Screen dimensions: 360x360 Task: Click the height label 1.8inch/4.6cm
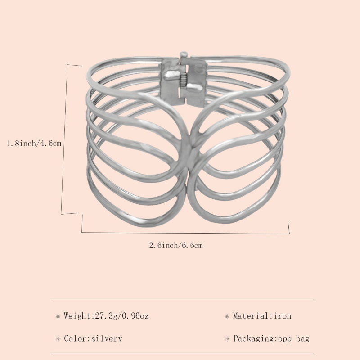point(34,143)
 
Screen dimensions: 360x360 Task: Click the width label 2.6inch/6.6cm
point(176,245)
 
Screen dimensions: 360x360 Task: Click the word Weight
point(77,316)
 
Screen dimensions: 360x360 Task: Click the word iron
point(282,316)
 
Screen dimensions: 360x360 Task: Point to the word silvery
point(107,338)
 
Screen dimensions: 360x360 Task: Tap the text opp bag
point(294,338)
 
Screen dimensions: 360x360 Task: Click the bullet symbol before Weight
point(58,316)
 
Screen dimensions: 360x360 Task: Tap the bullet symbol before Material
point(227,316)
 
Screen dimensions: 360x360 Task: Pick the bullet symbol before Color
point(58,339)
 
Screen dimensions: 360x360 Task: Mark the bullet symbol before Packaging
point(227,339)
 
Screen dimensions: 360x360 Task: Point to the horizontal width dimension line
point(184,233)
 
